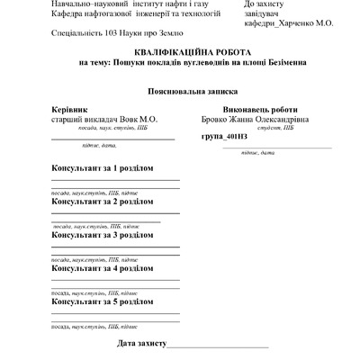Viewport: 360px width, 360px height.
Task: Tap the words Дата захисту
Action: click(142, 344)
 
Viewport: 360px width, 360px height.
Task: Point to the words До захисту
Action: click(263, 4)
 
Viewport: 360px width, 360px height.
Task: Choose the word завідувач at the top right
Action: click(264, 14)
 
